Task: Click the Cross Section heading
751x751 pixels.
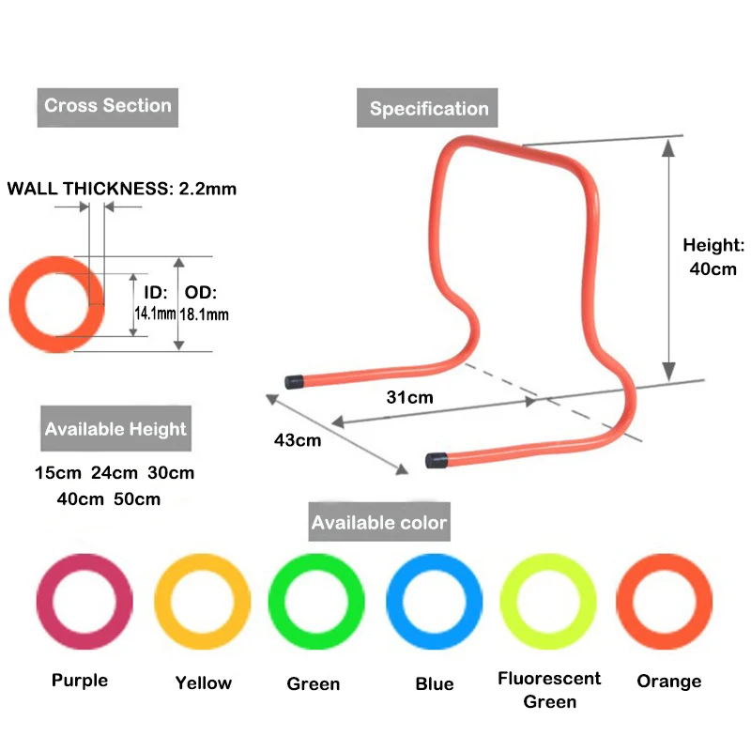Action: [108, 106]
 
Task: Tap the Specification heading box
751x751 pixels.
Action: [428, 109]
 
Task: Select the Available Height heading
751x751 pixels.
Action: [115, 429]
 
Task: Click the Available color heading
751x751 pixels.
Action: [379, 522]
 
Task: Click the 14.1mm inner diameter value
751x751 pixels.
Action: [155, 314]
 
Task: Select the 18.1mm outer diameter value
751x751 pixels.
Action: [204, 314]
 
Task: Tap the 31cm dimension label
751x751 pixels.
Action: [410, 397]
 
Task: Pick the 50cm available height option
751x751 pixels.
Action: [137, 499]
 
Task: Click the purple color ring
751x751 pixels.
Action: [84, 601]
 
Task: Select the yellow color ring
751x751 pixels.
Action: [202, 601]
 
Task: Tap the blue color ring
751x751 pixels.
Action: [434, 601]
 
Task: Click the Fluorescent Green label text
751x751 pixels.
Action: [549, 690]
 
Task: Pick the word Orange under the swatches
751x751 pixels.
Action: [668, 682]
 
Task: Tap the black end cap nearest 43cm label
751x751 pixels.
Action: [296, 382]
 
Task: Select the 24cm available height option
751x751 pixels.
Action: [115, 473]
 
